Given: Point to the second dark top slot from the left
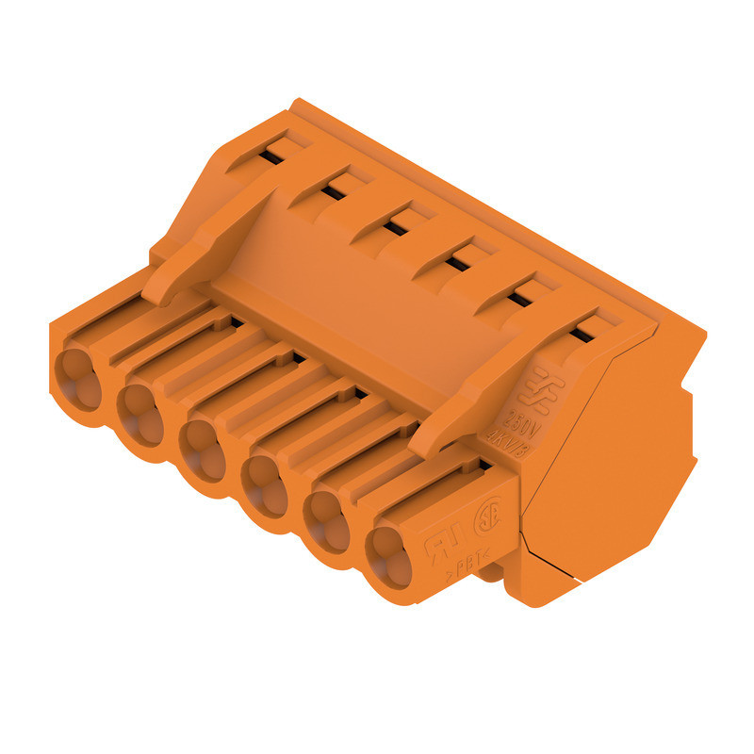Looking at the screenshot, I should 332,192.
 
